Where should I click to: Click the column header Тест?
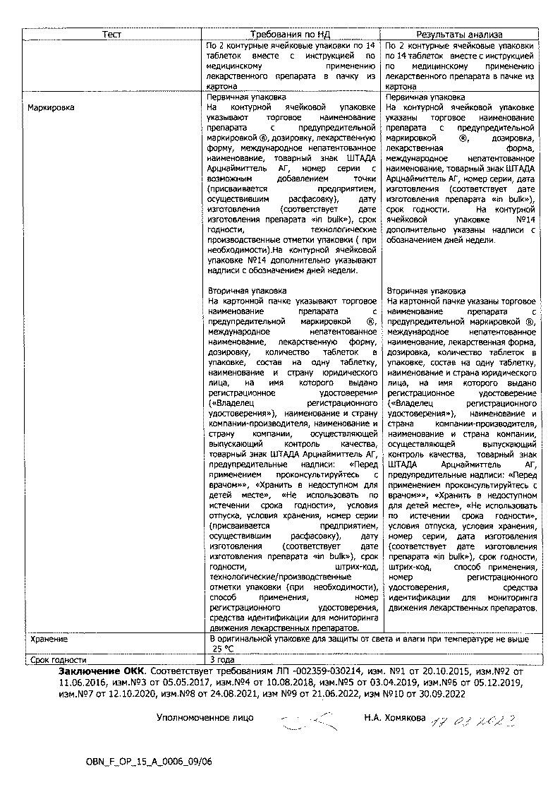pos(111,34)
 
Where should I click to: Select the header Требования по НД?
pos(291,34)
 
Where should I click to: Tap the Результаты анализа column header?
pos(458,34)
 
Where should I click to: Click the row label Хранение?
pos(49,639)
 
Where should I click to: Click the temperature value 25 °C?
pos(224,649)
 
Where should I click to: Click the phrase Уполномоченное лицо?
pos(205,718)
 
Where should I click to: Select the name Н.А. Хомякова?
pos(395,718)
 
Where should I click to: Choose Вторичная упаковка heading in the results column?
pos(426,290)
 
